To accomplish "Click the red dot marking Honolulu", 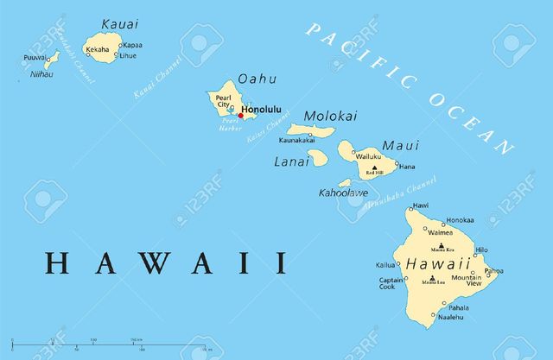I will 240,116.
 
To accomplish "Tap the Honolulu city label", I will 262,110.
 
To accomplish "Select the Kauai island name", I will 118,23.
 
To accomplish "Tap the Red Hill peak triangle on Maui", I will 374,169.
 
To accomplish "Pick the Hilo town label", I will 481,249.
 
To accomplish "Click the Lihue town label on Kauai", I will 128,55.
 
